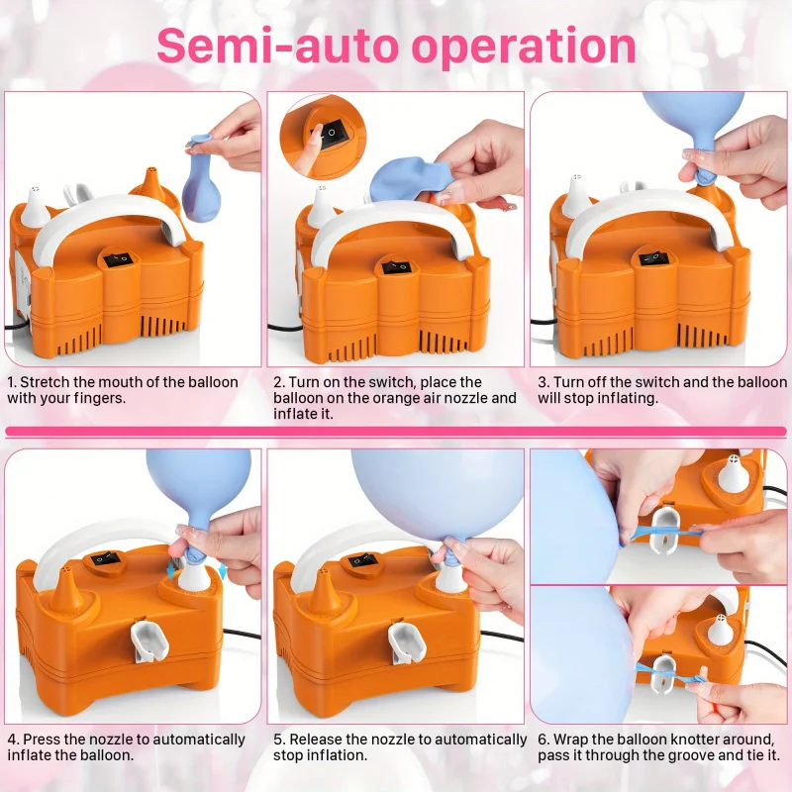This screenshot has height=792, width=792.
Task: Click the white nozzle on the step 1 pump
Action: [35, 206]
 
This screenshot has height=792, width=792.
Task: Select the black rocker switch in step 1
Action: [118, 260]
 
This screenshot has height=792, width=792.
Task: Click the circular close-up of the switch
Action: [324, 137]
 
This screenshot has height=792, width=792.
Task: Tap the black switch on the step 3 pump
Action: [654, 258]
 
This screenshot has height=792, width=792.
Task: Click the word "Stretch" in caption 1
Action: [45, 382]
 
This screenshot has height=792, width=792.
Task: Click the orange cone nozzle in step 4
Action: [66, 591]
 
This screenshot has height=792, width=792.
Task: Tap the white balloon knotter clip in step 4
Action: [148, 641]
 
